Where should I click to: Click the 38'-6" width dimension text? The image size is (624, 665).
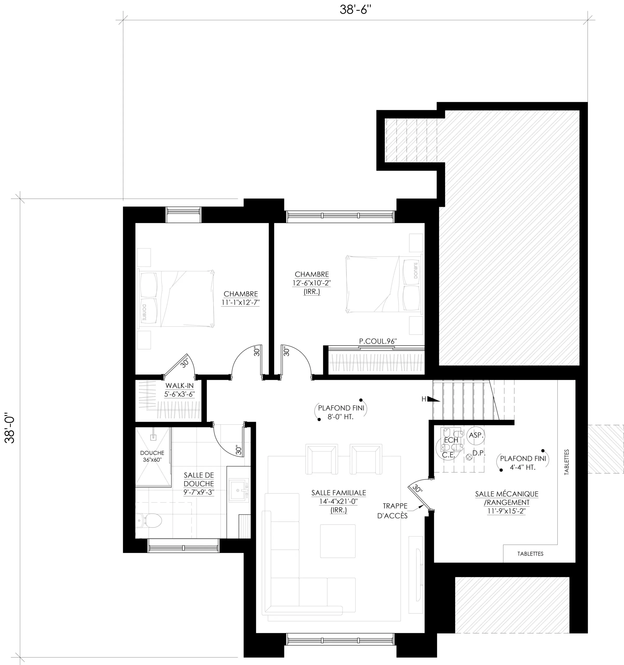(x=355, y=10)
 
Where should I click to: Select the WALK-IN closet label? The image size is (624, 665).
(x=180, y=386)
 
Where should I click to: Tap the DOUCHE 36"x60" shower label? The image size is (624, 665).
(x=152, y=456)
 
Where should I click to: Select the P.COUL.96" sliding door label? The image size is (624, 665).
(x=378, y=341)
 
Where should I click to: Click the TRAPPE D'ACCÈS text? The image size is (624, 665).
(x=393, y=511)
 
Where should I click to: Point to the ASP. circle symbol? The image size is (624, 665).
(x=475, y=435)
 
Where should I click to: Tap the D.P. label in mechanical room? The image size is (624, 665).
(x=479, y=453)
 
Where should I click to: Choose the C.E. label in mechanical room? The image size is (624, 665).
(x=448, y=455)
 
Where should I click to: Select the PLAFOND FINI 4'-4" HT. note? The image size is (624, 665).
(x=523, y=463)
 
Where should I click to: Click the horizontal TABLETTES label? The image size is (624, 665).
(x=530, y=554)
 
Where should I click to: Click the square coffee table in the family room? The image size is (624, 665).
(x=338, y=541)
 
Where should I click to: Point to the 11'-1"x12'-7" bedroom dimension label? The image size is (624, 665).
(x=240, y=302)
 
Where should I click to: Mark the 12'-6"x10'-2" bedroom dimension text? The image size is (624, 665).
(x=312, y=283)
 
